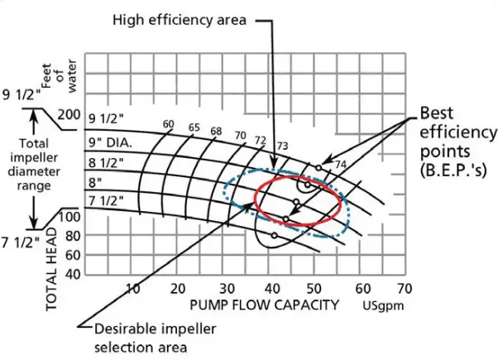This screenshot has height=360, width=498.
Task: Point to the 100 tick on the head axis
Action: (71, 217)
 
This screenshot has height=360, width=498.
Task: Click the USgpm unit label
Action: (383, 305)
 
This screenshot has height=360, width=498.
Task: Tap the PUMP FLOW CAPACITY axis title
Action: (265, 305)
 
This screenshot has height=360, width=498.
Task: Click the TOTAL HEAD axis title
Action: (52, 268)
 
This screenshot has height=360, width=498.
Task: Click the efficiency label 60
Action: (169, 125)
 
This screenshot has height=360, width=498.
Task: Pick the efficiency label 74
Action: (339, 164)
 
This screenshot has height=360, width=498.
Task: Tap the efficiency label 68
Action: (216, 132)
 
